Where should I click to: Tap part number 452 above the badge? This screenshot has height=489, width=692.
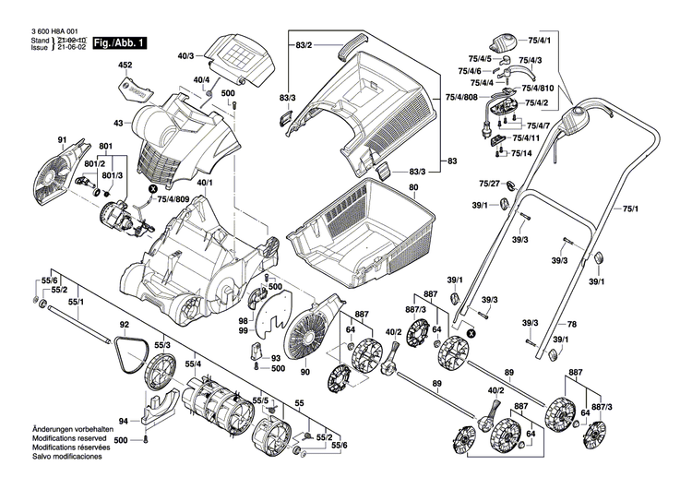click(126, 66)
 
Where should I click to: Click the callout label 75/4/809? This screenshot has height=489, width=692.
click(175, 198)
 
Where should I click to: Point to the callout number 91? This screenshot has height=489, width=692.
click(63, 140)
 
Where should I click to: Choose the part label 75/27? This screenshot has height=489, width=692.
click(489, 184)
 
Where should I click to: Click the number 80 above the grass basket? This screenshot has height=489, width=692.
click(413, 187)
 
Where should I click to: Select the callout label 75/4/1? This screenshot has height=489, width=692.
click(539, 41)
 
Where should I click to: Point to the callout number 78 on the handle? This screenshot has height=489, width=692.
click(571, 324)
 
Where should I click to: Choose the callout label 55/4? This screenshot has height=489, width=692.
click(195, 365)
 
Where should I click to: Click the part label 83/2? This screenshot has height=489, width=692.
click(304, 45)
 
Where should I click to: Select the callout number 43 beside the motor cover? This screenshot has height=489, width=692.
click(117, 123)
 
